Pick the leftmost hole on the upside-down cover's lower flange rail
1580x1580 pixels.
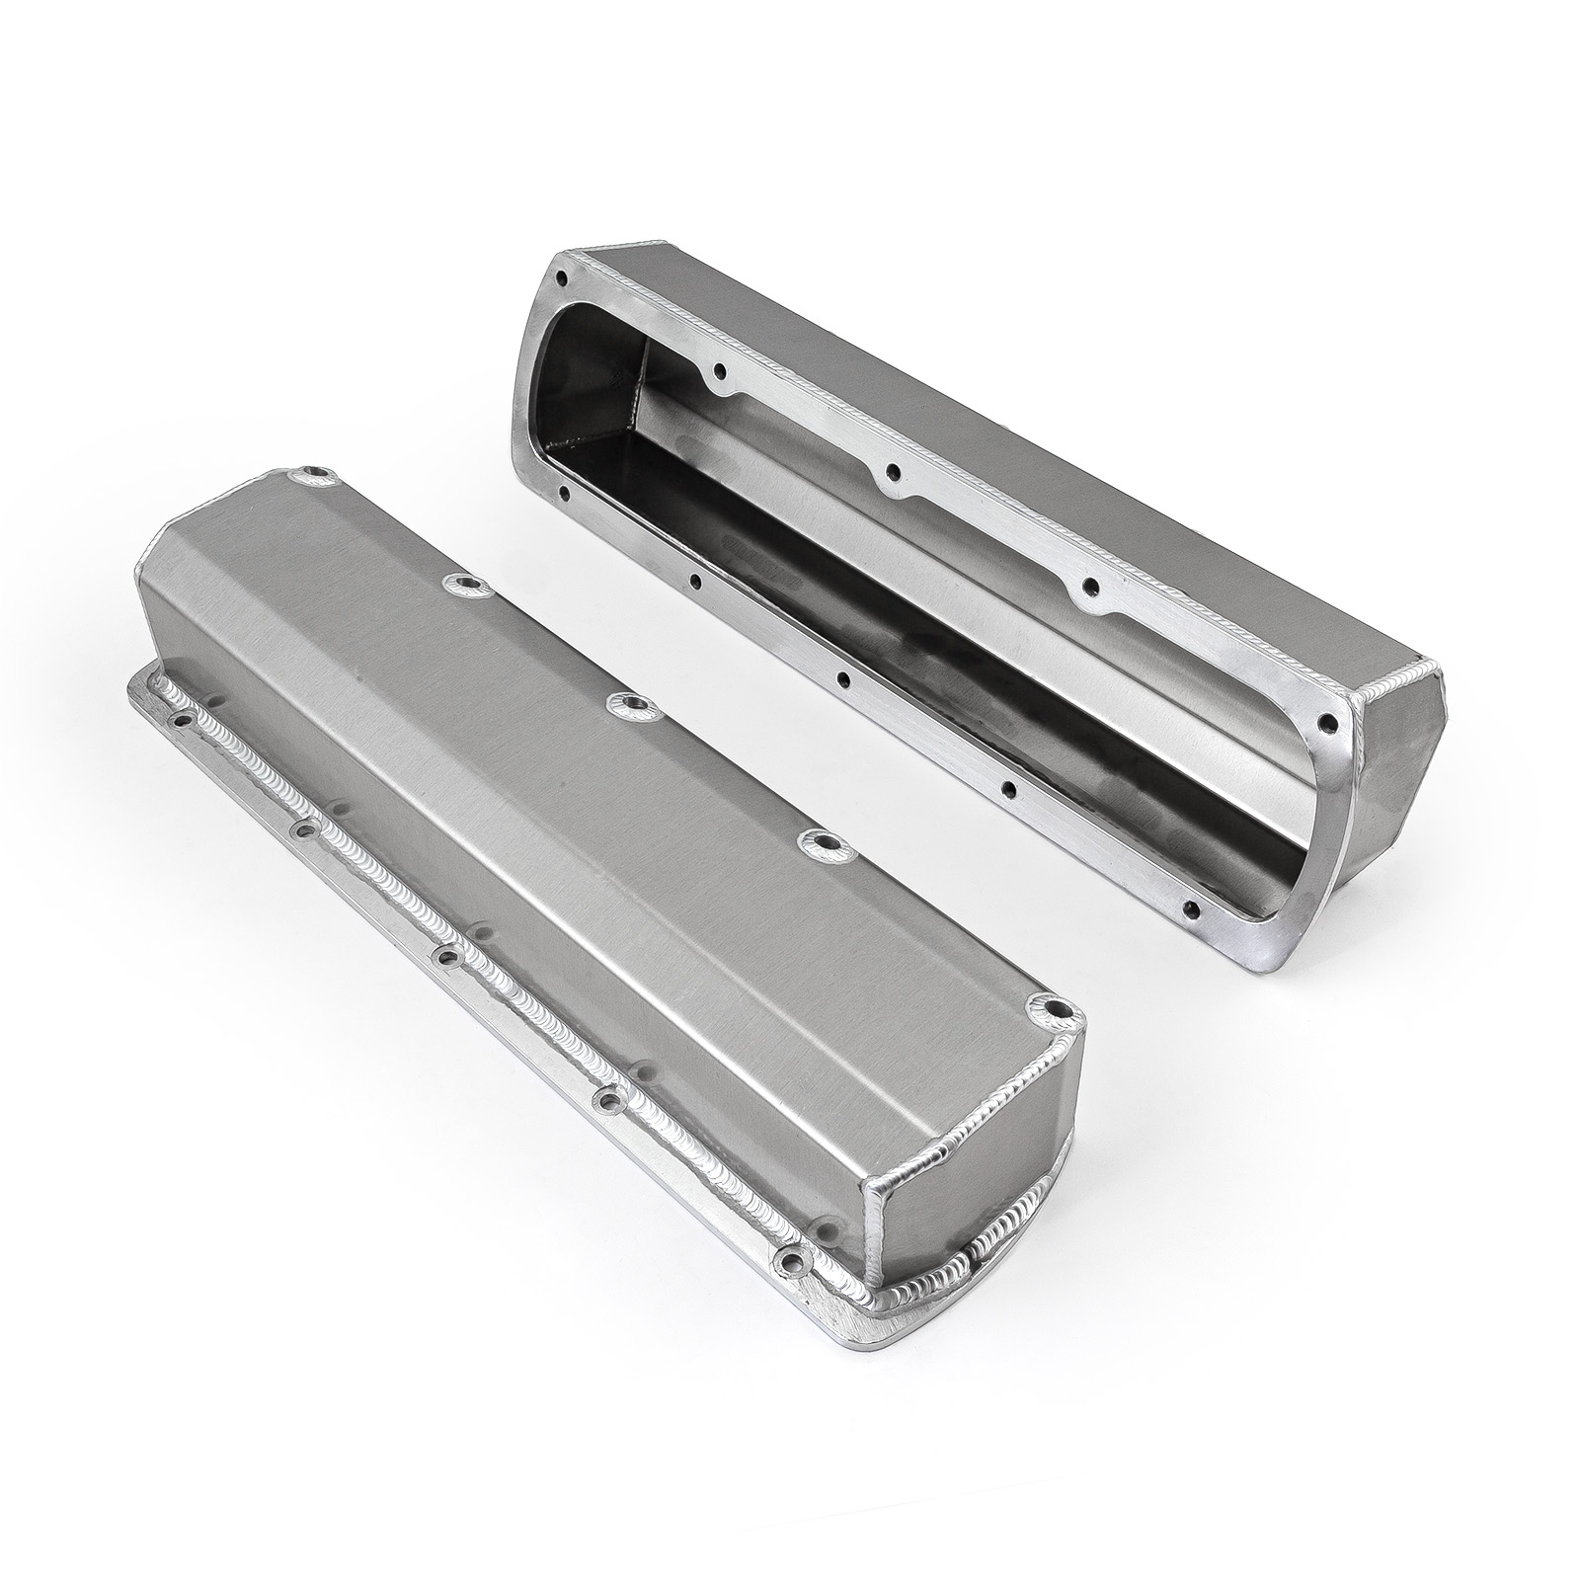point(563,490)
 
